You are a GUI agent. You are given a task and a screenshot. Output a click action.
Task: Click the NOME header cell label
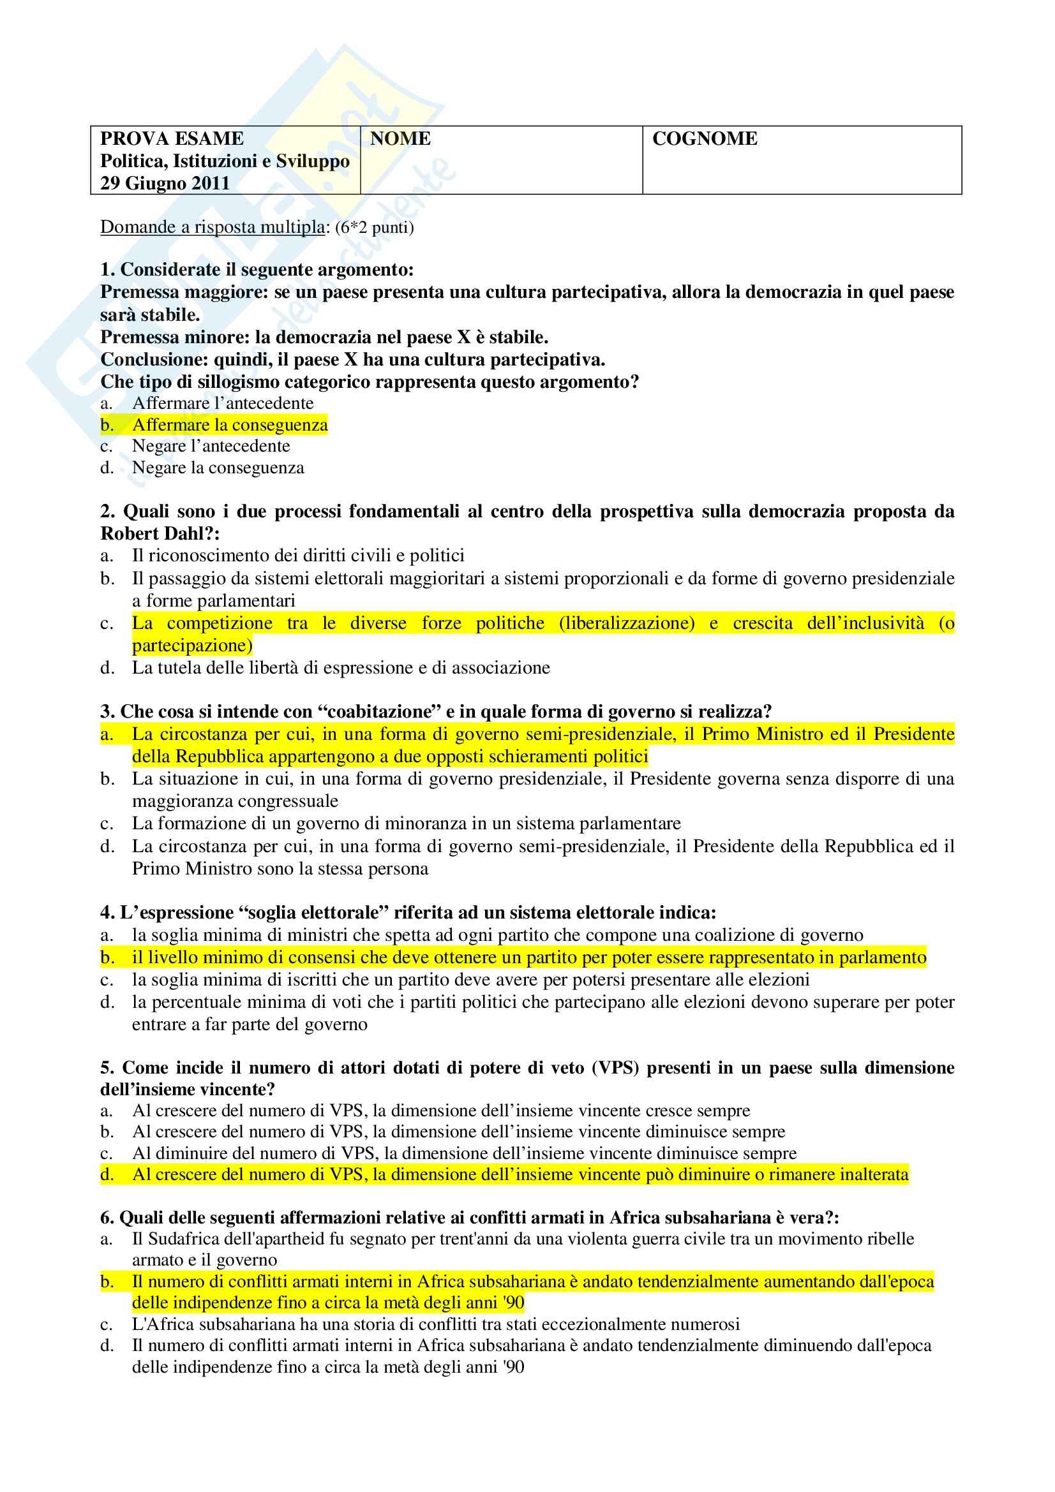[x=400, y=138]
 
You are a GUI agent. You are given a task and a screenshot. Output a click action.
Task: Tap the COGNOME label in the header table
[x=704, y=138]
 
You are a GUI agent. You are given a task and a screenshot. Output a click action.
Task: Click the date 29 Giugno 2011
[x=165, y=183]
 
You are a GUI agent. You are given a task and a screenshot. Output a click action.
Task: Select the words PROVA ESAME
[x=172, y=138]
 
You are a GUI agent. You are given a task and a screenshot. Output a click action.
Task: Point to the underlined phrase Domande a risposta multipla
[x=212, y=227]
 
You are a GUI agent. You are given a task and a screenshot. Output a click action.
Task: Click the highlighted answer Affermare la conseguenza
[x=230, y=424]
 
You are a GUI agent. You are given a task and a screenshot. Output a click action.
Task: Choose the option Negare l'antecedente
[x=211, y=446]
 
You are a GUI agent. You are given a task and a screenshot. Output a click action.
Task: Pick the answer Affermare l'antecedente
[x=222, y=403]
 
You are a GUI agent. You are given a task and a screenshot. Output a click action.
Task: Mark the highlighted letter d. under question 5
[x=107, y=1174]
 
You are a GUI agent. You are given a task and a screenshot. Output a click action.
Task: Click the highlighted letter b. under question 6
[x=107, y=1281]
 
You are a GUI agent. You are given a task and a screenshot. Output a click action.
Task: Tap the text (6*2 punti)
[x=375, y=228]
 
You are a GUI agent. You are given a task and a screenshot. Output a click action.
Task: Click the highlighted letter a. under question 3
[x=107, y=734]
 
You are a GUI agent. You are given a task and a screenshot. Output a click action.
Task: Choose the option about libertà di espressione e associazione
[x=341, y=667]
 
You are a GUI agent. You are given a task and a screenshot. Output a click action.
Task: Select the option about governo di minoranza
[x=407, y=824]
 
